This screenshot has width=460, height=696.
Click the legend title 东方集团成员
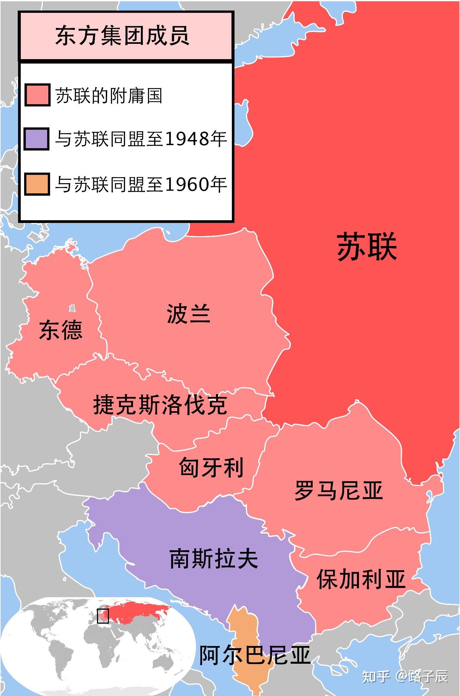[x=122, y=36]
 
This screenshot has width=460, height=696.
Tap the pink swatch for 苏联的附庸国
[x=37, y=95]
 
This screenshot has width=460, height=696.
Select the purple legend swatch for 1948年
[x=37, y=139]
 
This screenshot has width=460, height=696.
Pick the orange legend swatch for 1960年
[x=37, y=184]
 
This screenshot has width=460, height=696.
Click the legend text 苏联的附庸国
[x=109, y=96]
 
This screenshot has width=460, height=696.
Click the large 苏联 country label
[x=367, y=247]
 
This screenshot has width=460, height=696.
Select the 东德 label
[x=61, y=330]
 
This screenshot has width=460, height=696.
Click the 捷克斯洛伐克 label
[x=160, y=404]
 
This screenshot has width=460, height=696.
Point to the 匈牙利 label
[x=211, y=467]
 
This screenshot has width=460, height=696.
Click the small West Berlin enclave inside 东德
[x=72, y=308]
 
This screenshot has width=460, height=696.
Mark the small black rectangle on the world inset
[x=103, y=616]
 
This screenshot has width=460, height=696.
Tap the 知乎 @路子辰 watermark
[x=405, y=676]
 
